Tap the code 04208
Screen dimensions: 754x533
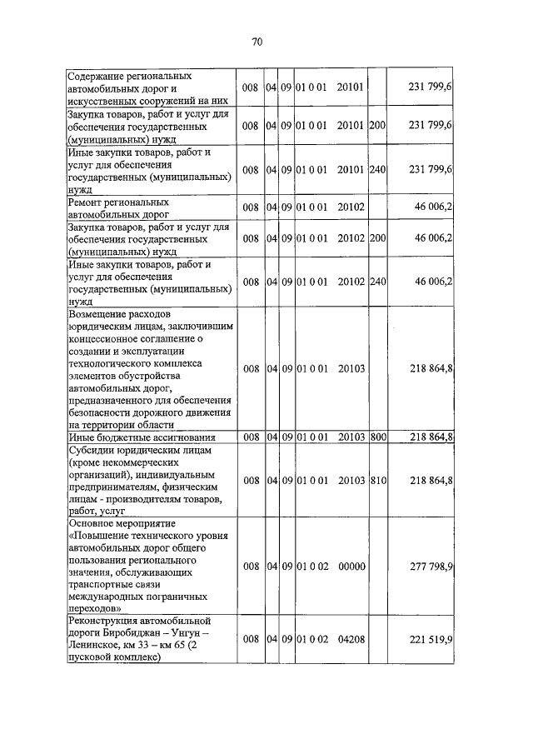[353, 639]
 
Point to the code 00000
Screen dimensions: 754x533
[353, 567]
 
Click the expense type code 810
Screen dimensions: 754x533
[377, 480]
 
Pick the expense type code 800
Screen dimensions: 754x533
[377, 437]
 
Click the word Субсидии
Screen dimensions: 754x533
[95, 449]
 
